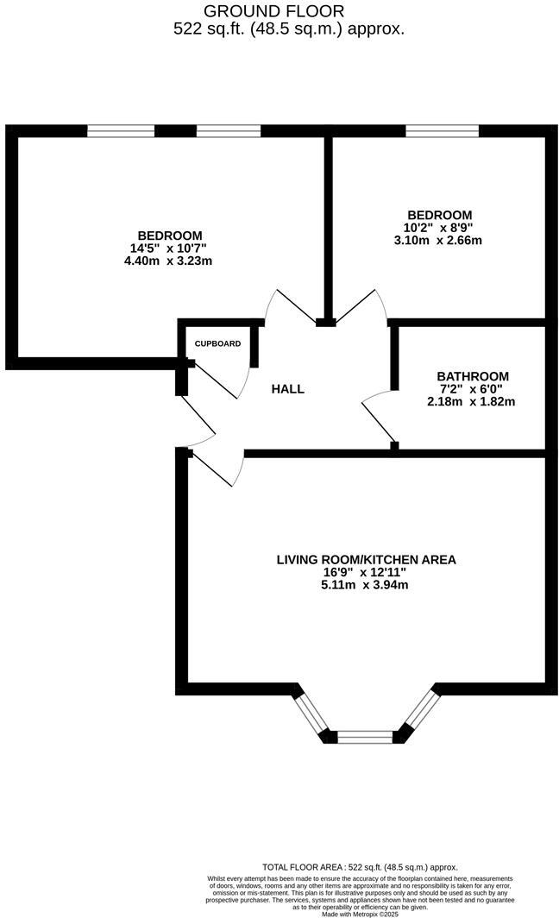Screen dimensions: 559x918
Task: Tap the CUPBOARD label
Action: (x=217, y=343)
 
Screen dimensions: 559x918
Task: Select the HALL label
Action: (x=288, y=389)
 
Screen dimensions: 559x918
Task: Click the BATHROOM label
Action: (x=473, y=376)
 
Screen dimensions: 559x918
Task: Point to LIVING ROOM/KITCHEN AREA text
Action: (x=366, y=560)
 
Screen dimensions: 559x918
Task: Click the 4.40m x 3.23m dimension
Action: (x=169, y=261)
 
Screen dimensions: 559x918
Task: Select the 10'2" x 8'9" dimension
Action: (x=439, y=228)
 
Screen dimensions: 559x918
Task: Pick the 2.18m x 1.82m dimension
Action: (x=471, y=401)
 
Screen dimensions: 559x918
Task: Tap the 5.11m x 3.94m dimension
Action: (x=363, y=585)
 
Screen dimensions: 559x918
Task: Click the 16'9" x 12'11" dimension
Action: (x=363, y=572)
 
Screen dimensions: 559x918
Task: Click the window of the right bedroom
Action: (x=442, y=131)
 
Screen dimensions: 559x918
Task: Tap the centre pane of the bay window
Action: (x=365, y=737)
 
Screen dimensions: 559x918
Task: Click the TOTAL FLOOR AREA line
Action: (x=360, y=867)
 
